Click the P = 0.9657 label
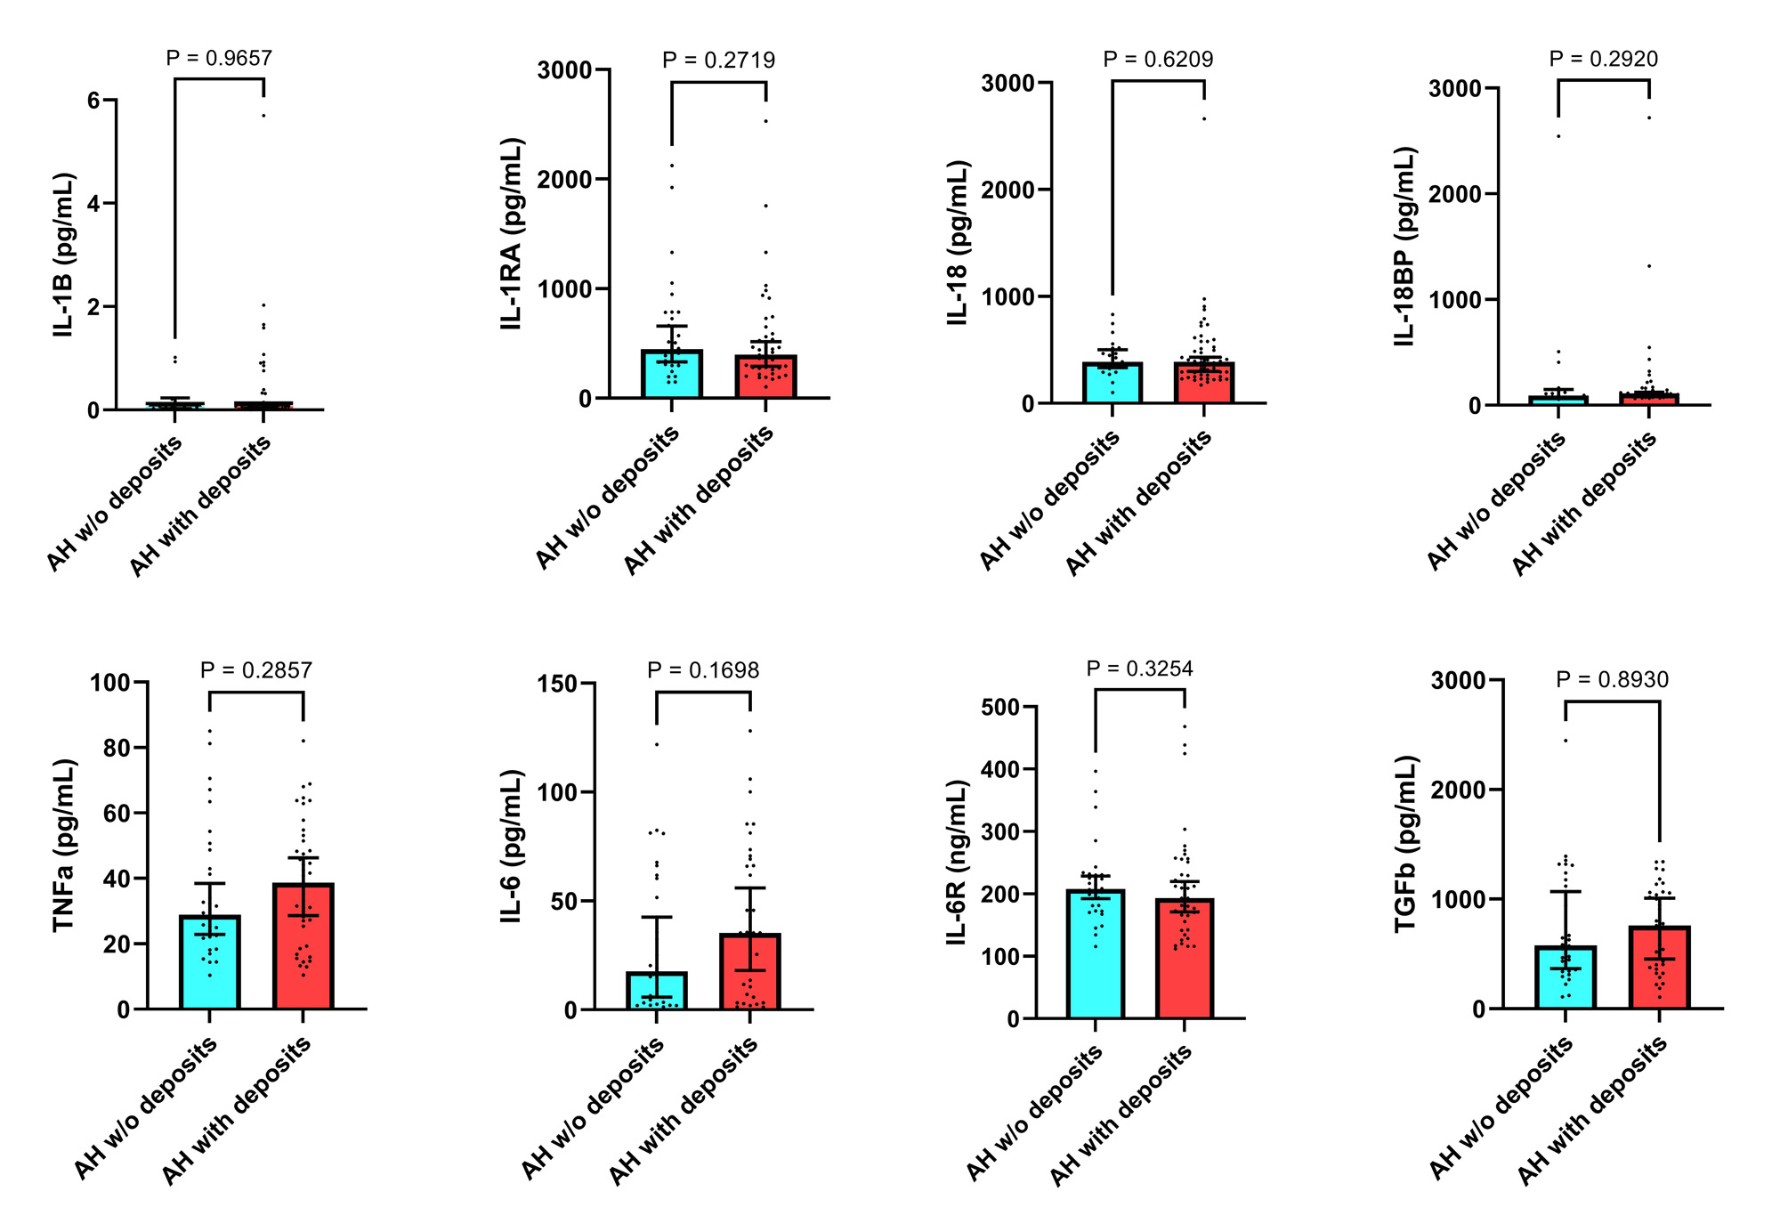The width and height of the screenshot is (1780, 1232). (219, 59)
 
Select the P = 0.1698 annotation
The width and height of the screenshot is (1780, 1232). (703, 670)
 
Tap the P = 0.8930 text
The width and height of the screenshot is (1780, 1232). (1612, 680)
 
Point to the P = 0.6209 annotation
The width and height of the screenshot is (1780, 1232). (1158, 60)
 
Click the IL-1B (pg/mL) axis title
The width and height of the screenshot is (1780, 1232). (63, 255)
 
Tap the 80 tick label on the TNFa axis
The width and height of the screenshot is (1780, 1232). (117, 749)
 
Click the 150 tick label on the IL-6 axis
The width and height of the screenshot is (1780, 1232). (557, 684)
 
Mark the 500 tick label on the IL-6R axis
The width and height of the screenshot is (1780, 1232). (999, 708)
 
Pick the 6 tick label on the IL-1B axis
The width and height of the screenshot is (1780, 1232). (93, 101)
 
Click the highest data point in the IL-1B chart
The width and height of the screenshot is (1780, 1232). (263, 116)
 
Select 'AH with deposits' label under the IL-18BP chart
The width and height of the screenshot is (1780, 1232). (1585, 504)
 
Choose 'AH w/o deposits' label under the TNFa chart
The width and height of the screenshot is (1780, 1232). (146, 1108)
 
